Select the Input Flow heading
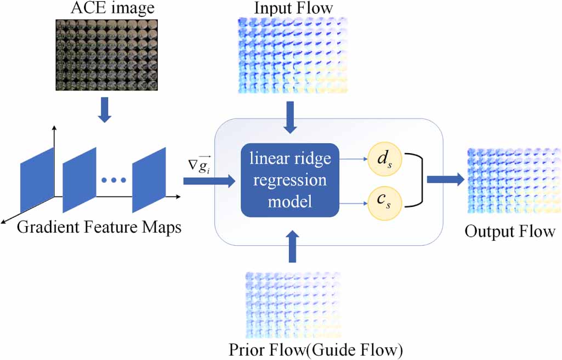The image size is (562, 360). coord(293,9)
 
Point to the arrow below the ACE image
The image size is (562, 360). coord(107,111)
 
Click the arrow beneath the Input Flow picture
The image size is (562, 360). coord(291,117)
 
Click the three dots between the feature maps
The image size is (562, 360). coord(114,179)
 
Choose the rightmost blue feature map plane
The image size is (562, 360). coord(149,179)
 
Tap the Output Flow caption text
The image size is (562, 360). coord(509,232)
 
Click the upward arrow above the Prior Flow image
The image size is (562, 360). coord(291,247)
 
